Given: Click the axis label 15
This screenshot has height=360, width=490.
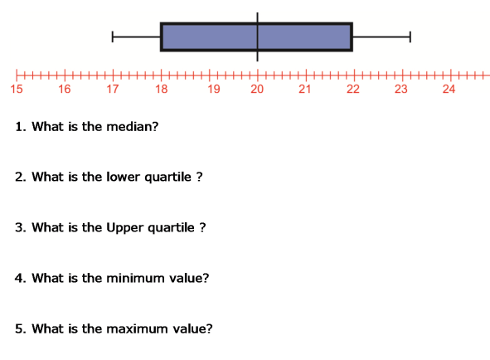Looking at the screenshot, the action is (17, 89).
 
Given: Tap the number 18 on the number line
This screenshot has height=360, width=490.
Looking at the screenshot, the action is (162, 89).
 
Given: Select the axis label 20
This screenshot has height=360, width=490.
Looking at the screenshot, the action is (257, 89).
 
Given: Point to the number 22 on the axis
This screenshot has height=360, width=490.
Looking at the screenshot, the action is (353, 89).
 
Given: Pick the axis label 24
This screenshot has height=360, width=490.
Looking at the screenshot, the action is (449, 89).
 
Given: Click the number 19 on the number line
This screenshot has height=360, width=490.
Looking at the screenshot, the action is (214, 89).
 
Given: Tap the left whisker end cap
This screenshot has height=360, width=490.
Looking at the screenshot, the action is (113, 36).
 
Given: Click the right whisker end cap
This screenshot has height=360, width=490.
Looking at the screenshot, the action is (410, 36).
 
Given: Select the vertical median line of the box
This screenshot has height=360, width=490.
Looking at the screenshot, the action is (258, 36).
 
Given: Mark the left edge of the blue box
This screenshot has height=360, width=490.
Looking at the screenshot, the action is (161, 36).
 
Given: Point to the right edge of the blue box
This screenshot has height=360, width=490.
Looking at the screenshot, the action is (352, 36).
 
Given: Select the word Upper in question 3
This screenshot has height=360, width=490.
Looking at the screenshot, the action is (125, 228).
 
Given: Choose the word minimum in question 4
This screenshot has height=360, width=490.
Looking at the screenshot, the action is (136, 278).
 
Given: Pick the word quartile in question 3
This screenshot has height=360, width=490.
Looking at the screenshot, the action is (171, 228).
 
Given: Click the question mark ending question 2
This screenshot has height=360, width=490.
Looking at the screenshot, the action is (199, 177).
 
